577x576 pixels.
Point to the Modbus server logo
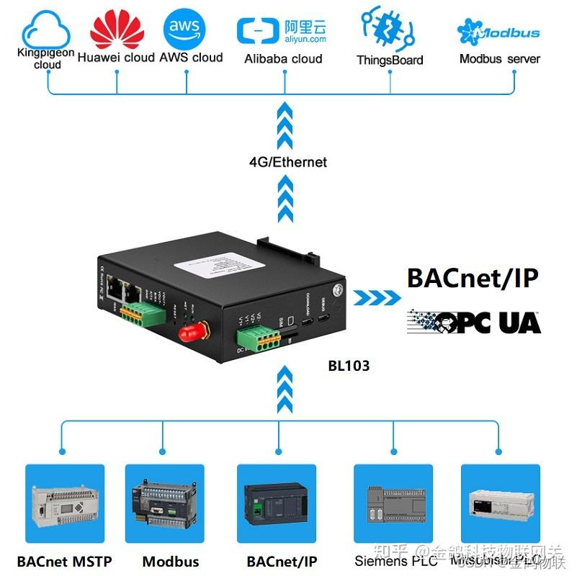point(498,33)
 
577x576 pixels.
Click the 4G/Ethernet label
point(287,162)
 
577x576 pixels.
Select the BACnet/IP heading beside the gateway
point(473,278)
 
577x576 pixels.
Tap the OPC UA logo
point(474,322)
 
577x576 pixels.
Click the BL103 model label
point(349,366)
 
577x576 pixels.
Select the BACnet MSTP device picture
point(65,503)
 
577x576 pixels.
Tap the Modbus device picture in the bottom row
point(164,503)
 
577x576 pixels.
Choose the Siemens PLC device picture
point(393,503)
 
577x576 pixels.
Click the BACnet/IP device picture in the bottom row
point(277,503)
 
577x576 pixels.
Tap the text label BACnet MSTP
point(65,561)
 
